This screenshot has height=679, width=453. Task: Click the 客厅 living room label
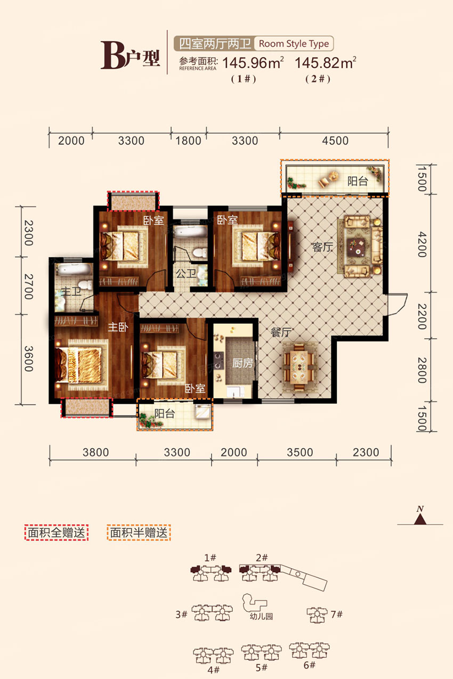[322, 247]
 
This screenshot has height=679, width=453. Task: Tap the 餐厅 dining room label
[281, 332]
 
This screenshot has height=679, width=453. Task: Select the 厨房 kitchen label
[242, 363]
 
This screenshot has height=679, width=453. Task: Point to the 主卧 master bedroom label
[118, 327]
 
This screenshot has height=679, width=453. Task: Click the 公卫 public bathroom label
[186, 273]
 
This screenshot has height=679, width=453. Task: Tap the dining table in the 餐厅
[299, 367]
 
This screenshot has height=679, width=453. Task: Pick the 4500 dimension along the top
[335, 141]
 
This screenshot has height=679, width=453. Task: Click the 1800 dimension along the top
[189, 141]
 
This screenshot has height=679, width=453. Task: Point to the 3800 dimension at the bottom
[95, 452]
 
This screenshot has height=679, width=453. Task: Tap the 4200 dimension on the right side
[422, 244]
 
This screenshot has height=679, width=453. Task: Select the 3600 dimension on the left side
[28, 358]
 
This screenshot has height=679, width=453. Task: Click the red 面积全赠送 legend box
[56, 533]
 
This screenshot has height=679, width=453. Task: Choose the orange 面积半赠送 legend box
[139, 533]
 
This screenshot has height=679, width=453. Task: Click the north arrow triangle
[420, 520]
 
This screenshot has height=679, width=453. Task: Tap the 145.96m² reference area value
[253, 63]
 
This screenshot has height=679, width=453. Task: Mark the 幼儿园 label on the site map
[261, 616]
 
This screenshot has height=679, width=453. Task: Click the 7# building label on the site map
[336, 615]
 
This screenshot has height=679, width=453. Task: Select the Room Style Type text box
[294, 44]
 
